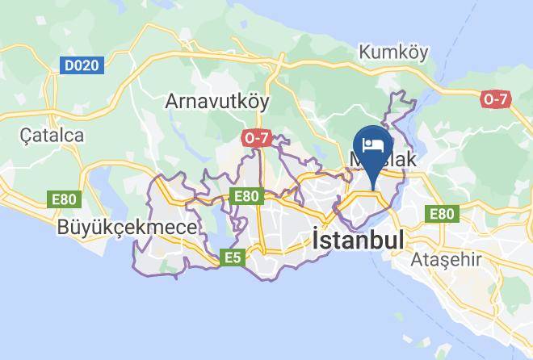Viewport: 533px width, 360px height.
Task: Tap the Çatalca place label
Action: tap(52, 135)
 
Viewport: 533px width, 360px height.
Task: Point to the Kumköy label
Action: tap(393, 52)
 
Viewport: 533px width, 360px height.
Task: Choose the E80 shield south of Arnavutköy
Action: tap(246, 195)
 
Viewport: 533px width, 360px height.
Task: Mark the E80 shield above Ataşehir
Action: tap(441, 214)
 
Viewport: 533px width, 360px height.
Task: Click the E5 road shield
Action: tap(233, 257)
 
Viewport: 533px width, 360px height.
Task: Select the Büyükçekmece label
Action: tap(127, 228)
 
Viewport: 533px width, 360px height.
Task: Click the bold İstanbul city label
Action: tap(357, 240)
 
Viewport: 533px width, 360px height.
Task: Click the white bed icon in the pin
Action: tap(373, 144)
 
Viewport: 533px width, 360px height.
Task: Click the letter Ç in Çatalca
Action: tap(27, 136)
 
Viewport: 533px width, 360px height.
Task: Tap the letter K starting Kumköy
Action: tap(364, 52)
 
